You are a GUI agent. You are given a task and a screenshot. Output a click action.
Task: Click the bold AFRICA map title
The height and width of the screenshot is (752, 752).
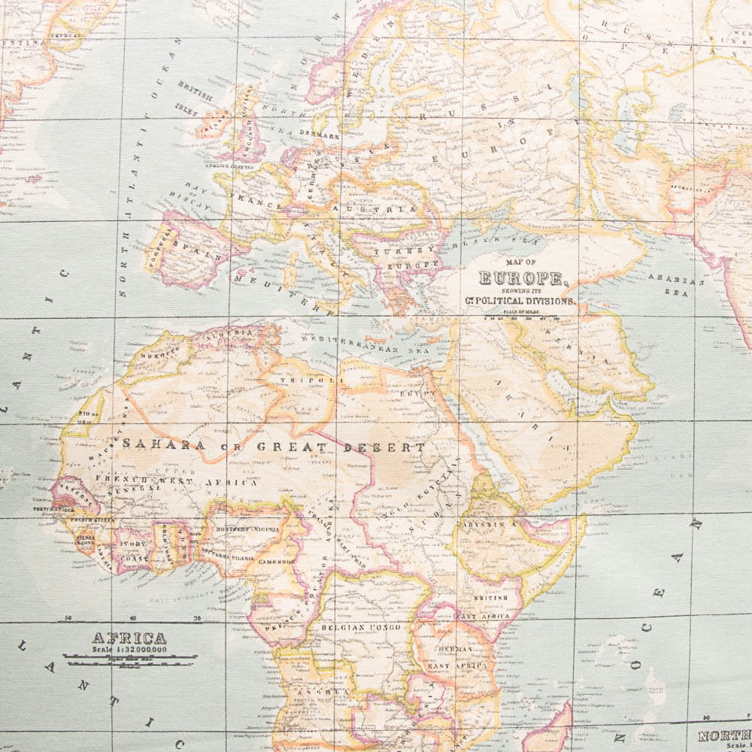129,638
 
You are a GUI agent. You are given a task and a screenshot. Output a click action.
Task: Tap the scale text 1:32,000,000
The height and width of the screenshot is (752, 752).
129,650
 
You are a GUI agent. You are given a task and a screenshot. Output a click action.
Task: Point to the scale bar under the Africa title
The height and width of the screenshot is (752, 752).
129,659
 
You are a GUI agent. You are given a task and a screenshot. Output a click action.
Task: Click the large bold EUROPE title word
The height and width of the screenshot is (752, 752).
522,278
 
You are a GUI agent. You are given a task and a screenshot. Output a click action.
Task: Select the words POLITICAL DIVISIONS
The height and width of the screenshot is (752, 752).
526,300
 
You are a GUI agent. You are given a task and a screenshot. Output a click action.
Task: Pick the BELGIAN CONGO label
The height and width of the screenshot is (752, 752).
361,626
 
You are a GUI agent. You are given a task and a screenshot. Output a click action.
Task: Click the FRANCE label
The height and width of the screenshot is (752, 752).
255,202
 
